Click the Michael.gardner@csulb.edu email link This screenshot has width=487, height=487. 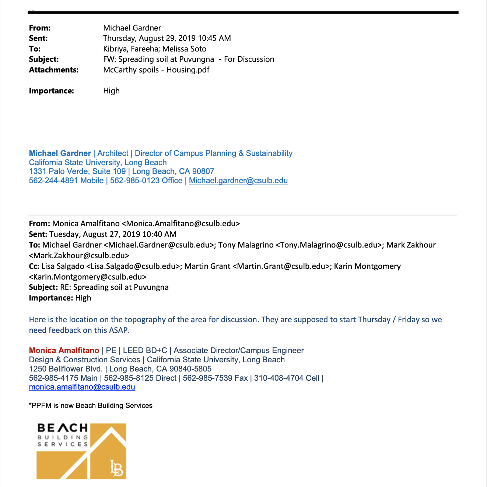[238, 181]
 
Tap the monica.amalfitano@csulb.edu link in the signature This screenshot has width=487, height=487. [82, 387]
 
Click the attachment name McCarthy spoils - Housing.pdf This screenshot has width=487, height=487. [156, 70]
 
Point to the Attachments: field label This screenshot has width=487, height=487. [54, 70]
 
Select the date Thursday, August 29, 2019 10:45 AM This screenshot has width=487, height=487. [167, 38]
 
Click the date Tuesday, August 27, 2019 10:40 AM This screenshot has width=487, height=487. [113, 234]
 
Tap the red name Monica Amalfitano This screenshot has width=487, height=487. [64, 351]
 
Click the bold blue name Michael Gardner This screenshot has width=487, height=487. [60, 153]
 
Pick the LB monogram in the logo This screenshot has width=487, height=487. [117, 468]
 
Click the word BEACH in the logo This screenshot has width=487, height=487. [63, 428]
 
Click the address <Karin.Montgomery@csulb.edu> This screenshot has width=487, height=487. [88, 277]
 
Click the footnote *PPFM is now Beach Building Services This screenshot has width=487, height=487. [91, 406]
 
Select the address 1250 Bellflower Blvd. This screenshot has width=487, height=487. [66, 369]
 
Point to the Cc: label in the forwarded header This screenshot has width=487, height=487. [34, 266]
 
